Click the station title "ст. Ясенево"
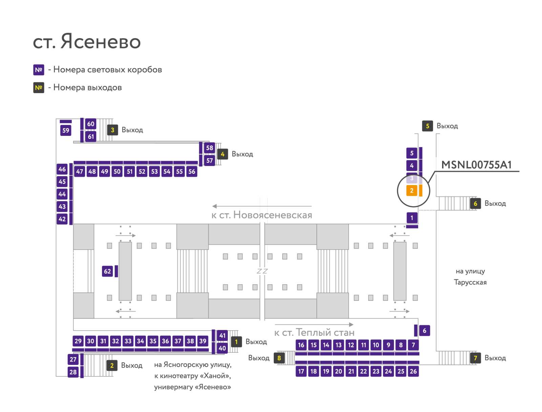click(x=87, y=41)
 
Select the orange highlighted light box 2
click(x=412, y=190)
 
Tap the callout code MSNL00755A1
click(x=476, y=165)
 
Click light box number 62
click(x=107, y=271)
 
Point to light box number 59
click(x=66, y=130)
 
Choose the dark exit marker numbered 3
click(x=112, y=130)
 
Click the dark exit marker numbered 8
click(x=279, y=358)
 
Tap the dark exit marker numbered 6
click(x=475, y=204)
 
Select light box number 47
click(x=80, y=171)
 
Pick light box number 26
click(x=413, y=371)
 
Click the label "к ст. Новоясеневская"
click(x=262, y=215)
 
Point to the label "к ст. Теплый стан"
click(x=314, y=332)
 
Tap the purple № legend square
click(x=39, y=70)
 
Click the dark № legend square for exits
click(x=39, y=88)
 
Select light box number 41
click(x=222, y=335)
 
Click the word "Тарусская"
click(x=470, y=282)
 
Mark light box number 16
click(x=301, y=345)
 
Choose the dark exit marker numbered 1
click(x=236, y=342)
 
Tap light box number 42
click(x=62, y=219)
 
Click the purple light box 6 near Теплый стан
click(x=424, y=331)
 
